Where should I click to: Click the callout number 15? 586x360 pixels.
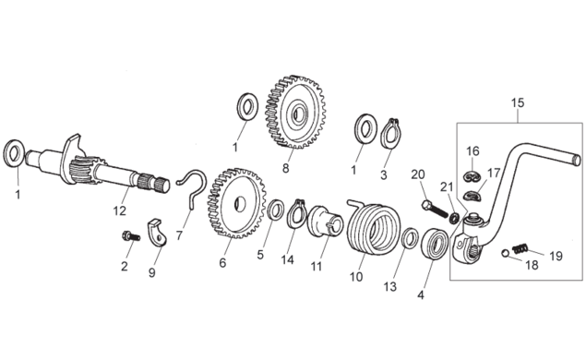(518, 102)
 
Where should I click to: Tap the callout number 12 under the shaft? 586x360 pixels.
(120, 210)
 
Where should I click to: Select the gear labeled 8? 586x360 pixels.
(295, 112)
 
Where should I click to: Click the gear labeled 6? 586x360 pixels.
(236, 204)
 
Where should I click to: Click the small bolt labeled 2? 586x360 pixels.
(131, 236)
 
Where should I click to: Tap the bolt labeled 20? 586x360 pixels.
(435, 210)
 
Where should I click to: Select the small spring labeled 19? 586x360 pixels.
(520, 248)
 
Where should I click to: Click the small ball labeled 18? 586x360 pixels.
(505, 253)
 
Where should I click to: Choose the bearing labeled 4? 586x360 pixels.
(435, 244)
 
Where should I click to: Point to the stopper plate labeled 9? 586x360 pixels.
(157, 234)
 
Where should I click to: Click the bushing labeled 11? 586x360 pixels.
(325, 221)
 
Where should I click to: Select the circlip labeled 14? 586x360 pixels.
(297, 214)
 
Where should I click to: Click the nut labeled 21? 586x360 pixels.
(454, 218)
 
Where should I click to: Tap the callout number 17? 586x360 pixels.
(494, 174)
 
